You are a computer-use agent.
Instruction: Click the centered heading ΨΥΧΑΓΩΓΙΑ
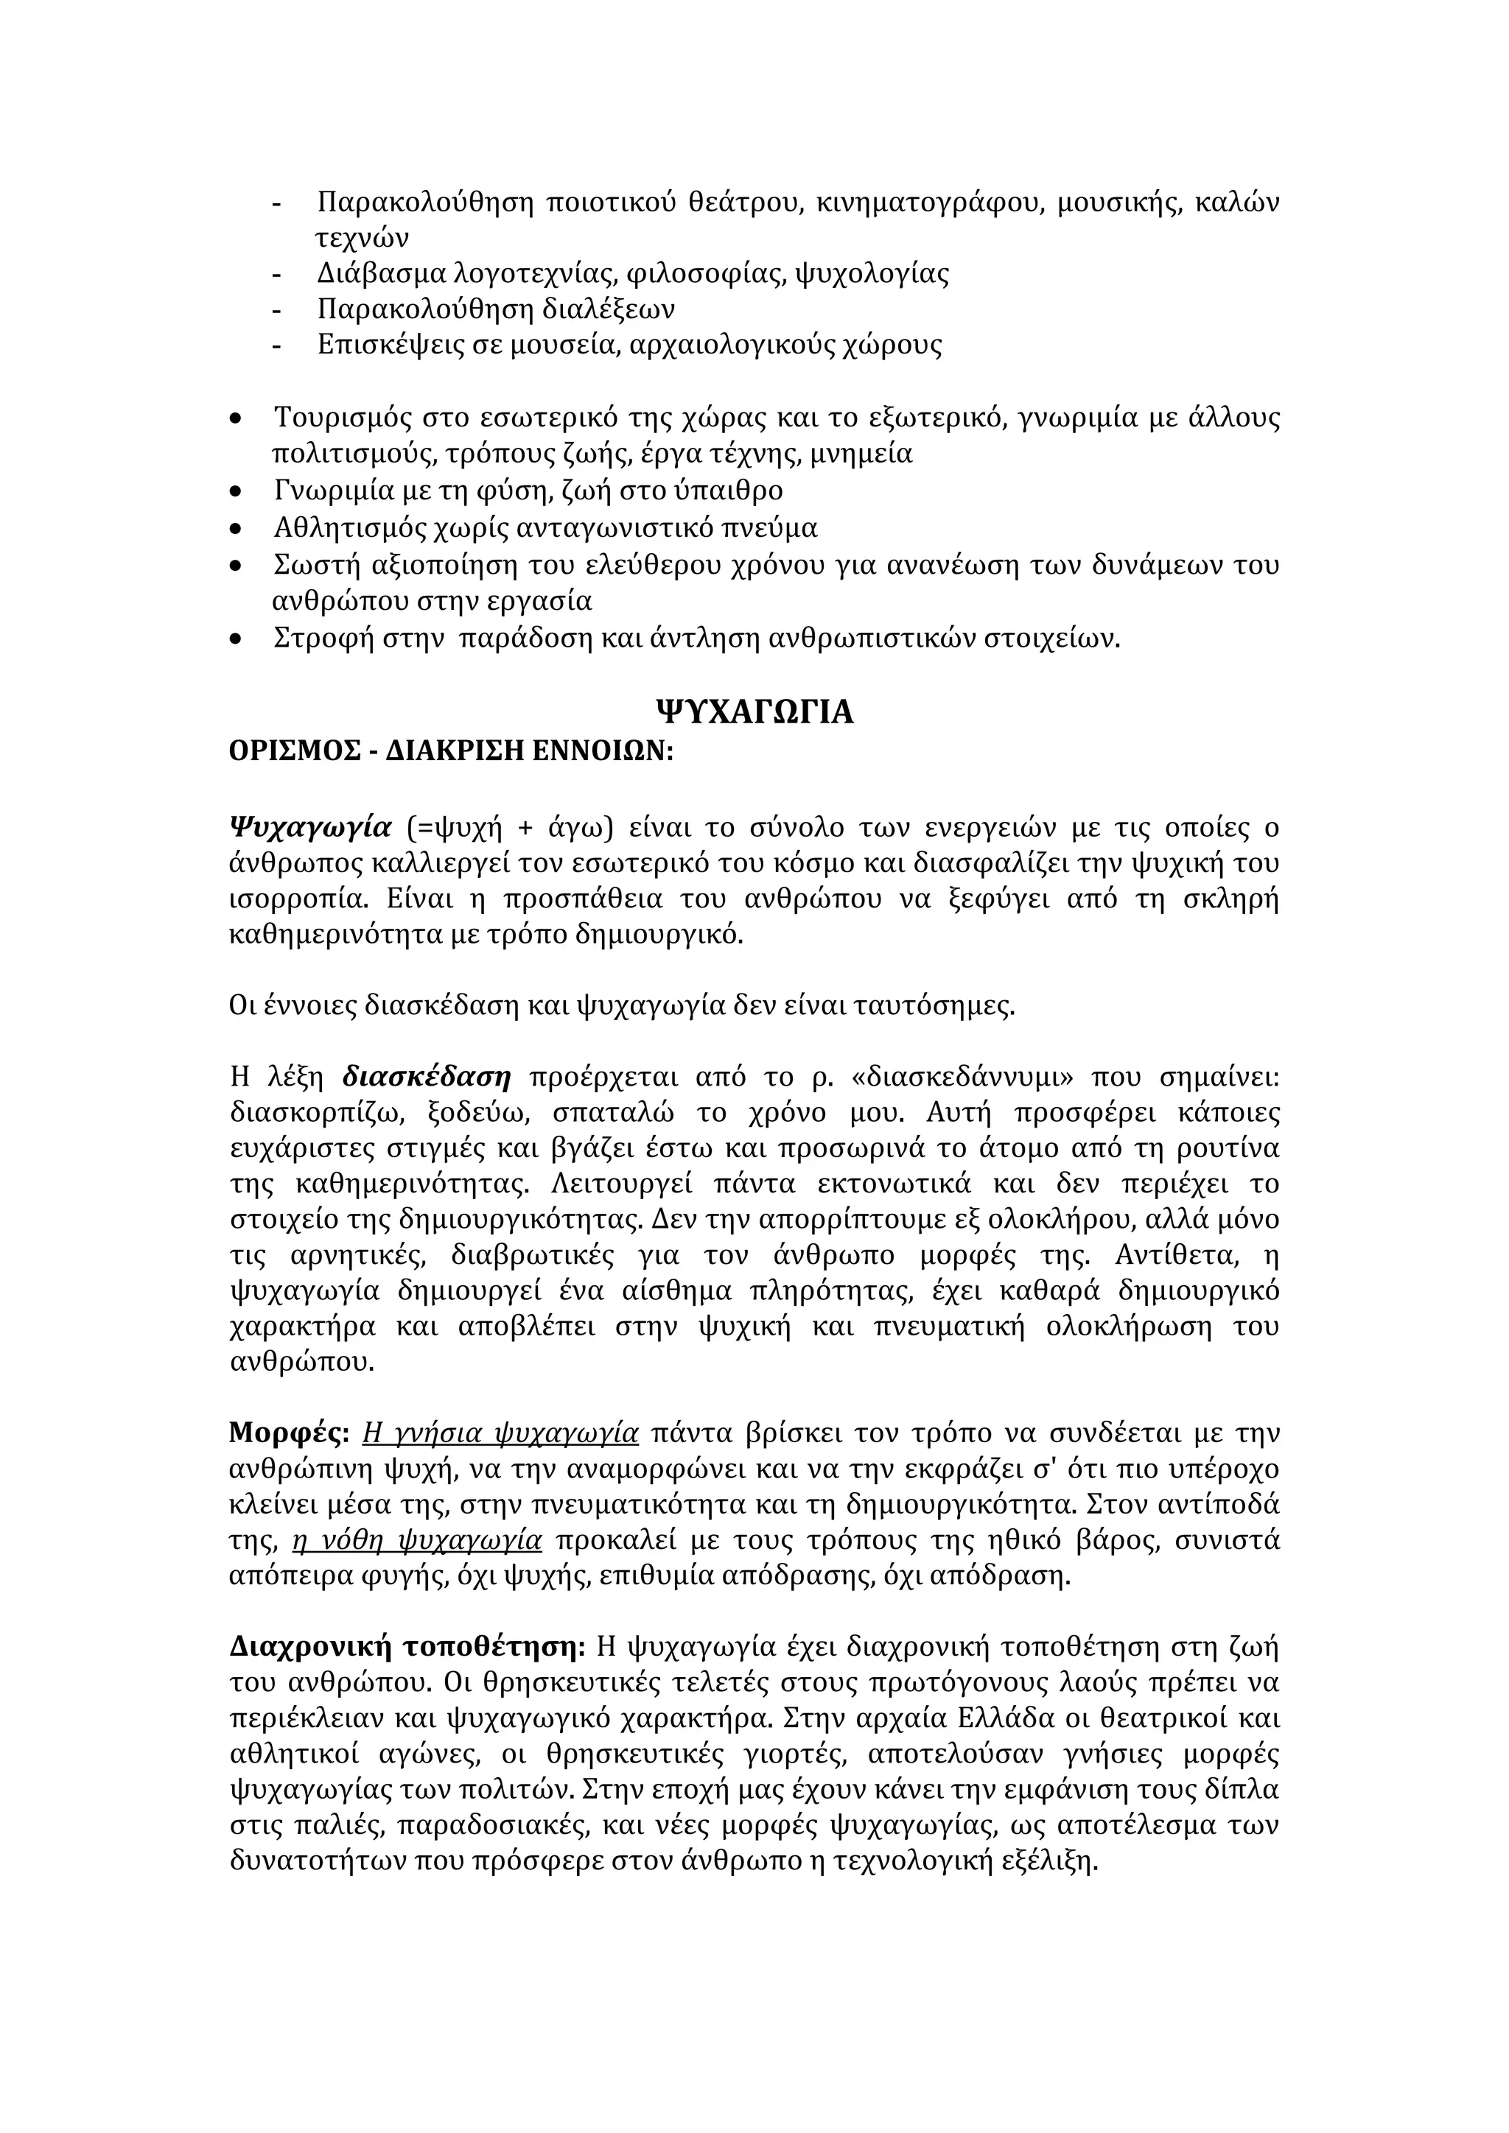754,712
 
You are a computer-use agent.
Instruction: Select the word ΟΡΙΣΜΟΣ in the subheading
289,751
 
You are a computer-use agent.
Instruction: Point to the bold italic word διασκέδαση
427,1078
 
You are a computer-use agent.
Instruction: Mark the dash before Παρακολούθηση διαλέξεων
276,309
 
